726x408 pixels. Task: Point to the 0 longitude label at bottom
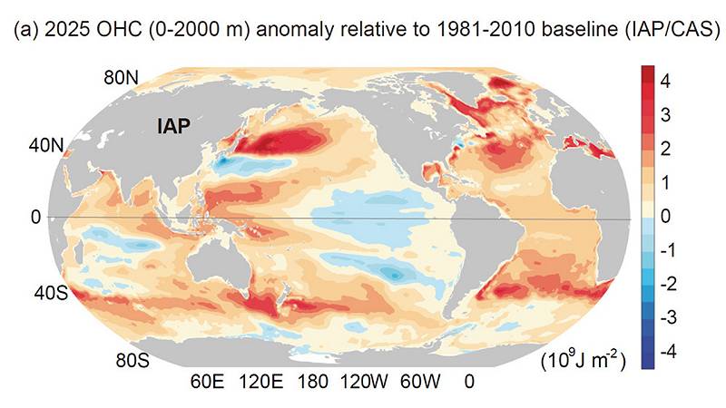coord(468,383)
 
